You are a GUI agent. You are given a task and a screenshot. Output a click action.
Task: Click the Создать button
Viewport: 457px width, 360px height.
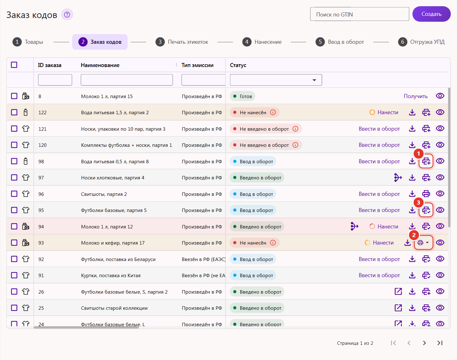431,14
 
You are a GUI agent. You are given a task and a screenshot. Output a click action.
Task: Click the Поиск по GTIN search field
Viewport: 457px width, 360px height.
360,14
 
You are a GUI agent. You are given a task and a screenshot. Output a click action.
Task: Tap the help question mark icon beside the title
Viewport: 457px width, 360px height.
67,15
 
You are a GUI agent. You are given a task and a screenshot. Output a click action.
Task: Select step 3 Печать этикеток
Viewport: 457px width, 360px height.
182,42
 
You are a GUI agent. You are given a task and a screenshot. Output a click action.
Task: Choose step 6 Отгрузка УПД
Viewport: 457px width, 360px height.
421,42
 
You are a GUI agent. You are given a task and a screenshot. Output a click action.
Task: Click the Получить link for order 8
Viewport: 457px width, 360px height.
415,96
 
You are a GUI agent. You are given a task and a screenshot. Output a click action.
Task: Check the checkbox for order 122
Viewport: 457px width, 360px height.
14,112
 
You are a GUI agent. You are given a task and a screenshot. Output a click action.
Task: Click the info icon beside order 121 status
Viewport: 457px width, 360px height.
295,129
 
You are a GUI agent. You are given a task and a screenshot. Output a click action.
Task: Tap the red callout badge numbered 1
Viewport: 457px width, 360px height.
418,154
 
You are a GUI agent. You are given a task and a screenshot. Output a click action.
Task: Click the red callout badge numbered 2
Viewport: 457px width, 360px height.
414,235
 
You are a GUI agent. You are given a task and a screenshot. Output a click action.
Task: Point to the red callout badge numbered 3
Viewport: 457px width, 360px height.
418,202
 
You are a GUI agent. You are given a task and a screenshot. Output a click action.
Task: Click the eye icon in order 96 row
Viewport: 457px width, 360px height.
440,194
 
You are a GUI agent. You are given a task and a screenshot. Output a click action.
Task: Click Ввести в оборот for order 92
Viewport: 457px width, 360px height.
379,259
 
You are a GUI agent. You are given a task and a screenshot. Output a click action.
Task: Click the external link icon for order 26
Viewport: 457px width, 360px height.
398,291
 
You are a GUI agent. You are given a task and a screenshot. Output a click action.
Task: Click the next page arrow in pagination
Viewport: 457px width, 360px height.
424,343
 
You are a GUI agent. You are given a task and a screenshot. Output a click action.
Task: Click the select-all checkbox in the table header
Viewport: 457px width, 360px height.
14,65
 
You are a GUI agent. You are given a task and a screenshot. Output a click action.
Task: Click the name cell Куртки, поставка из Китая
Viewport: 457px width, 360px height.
111,276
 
